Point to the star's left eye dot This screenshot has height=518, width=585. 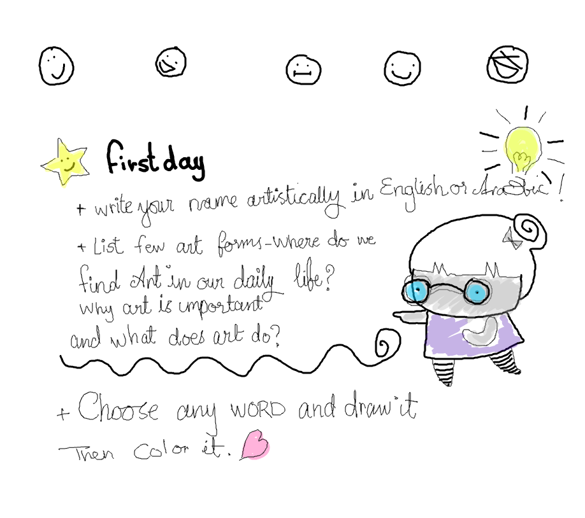61,160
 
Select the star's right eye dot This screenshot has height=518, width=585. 68,159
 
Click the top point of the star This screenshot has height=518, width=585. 62,144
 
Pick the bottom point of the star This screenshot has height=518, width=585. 64,185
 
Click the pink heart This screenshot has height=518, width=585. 256,445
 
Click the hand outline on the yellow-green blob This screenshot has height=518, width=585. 522,159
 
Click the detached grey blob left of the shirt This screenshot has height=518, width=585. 414,316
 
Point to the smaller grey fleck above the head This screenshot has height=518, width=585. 508,236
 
